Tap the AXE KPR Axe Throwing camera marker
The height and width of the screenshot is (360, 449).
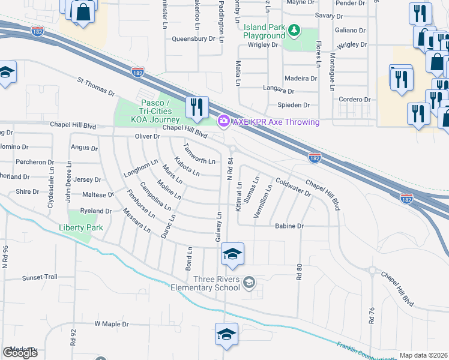tap(223, 122)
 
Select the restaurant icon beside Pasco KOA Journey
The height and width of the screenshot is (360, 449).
tap(197, 107)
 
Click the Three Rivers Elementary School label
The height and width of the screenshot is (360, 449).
tap(217, 283)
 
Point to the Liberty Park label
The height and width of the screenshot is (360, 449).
tap(81, 227)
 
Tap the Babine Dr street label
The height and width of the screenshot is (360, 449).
tap(289, 226)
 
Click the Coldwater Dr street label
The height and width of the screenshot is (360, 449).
tap(293, 187)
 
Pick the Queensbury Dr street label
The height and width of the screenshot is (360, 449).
tap(193, 38)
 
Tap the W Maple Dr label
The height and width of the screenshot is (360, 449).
tap(112, 323)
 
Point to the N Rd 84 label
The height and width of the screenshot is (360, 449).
tap(230, 168)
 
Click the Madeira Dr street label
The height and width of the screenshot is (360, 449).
tap(301, 78)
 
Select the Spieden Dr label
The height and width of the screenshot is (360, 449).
tap(293, 104)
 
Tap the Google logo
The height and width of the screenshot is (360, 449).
tap(20, 353)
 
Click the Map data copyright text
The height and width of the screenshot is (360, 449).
tap(423, 355)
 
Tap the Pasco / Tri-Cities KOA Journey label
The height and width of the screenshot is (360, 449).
tap(148, 111)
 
